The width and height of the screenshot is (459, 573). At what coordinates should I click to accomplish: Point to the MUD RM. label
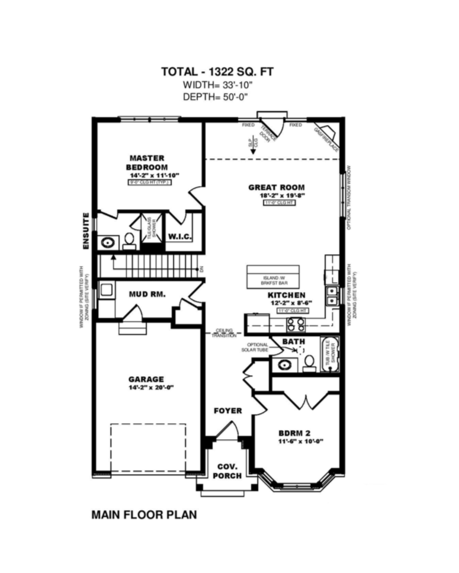[147, 294]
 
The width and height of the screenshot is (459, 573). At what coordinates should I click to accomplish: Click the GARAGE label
[146, 379]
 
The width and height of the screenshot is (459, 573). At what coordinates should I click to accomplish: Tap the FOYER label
[228, 410]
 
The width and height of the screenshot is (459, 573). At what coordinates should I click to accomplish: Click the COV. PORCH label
[227, 471]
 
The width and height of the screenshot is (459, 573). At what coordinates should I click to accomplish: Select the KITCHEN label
[286, 294]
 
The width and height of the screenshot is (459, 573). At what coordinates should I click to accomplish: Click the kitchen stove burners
[296, 324]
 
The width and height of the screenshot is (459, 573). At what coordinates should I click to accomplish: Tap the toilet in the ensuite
[129, 240]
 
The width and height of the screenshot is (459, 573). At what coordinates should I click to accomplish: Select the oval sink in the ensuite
[108, 242]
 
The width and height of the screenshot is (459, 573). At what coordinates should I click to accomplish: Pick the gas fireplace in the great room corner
[328, 137]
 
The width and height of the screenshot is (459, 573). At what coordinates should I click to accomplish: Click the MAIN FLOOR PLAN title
[144, 514]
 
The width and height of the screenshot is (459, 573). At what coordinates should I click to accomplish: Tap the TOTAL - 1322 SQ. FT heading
[218, 72]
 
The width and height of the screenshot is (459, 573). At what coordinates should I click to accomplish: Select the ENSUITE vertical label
[86, 231]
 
